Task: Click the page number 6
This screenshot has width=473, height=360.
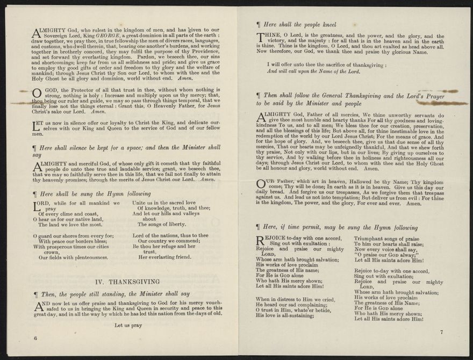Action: point(35,338)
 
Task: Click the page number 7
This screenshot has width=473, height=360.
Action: point(441,332)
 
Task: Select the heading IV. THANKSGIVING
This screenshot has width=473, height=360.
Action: point(127,282)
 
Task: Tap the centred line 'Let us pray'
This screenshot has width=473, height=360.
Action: point(128,325)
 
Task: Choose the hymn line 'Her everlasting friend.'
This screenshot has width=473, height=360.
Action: point(164,257)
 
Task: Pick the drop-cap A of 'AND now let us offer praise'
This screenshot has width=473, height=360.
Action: point(39,306)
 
